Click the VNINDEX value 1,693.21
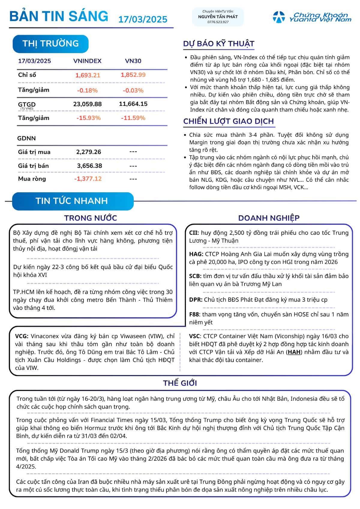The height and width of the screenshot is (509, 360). point(88,75)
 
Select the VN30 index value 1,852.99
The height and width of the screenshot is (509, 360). point(133,75)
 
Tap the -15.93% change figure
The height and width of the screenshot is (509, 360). point(88,118)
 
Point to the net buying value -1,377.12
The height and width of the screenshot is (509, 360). point(88,179)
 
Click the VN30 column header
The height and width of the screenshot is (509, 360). point(133,61)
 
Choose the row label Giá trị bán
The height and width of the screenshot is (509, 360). point(33,166)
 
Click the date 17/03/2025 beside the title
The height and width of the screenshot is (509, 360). point(143,19)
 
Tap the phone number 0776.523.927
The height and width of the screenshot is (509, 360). point(218,22)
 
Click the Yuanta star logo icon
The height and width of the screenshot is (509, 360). point(279,17)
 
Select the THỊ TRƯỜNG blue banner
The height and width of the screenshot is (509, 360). point(50,44)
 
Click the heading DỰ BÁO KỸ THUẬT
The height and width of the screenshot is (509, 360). point(219,44)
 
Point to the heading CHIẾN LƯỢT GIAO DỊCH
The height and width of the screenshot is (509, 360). point(229,121)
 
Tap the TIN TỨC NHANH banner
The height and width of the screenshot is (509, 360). point(72,201)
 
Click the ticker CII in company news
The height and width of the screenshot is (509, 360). point(194,233)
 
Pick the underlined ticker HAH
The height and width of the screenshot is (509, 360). point(294,352)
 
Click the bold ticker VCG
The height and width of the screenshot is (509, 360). point(22,336)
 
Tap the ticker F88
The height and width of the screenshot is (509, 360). point(194,314)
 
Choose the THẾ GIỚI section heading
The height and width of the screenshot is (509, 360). point(180,383)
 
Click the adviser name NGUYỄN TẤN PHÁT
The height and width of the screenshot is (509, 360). point(218,17)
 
